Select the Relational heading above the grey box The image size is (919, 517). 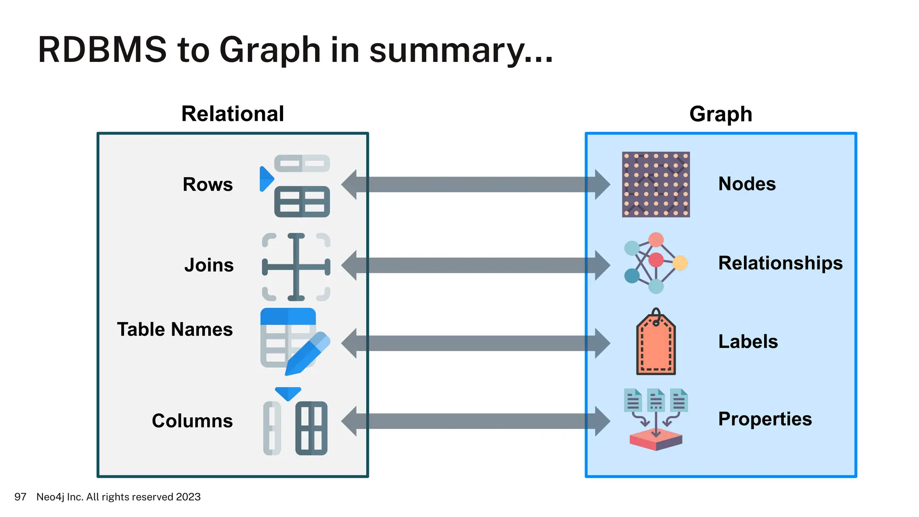[x=232, y=114]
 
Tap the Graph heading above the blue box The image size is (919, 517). [x=721, y=114]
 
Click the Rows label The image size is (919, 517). [x=208, y=184]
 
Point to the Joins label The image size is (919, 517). [x=209, y=265]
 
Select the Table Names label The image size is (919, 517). [x=175, y=329]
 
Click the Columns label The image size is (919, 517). [x=193, y=421]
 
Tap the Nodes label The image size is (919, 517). [x=747, y=184]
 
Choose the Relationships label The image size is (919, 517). [x=780, y=263]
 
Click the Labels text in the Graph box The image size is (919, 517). [x=748, y=342]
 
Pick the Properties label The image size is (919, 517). [x=765, y=419]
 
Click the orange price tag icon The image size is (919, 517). [x=656, y=346]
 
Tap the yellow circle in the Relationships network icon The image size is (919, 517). [x=680, y=263]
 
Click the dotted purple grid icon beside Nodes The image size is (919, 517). [x=656, y=184]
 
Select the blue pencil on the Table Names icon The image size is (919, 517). [x=307, y=354]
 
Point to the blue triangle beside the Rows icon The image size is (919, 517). [x=266, y=179]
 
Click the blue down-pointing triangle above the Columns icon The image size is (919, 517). [x=288, y=393]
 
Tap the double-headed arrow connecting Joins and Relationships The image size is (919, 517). [x=476, y=265]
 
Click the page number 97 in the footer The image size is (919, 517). [x=20, y=497]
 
